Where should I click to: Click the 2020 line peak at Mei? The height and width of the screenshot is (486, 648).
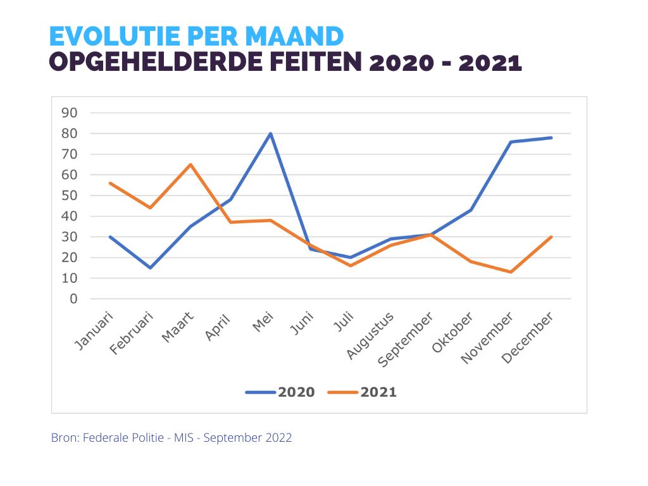pyautogui.click(x=270, y=134)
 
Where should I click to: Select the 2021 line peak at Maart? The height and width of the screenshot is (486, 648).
pyautogui.click(x=190, y=165)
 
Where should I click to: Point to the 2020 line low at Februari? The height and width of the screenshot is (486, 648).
pyautogui.click(x=151, y=268)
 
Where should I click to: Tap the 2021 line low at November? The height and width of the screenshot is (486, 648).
pyautogui.click(x=511, y=272)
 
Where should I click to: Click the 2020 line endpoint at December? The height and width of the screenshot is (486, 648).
pyautogui.click(x=551, y=137)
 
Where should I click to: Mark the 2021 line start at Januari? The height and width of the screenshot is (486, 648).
pyautogui.click(x=111, y=183)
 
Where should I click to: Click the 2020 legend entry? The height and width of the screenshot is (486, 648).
pyautogui.click(x=280, y=392)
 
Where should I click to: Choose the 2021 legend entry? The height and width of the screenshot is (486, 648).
pyautogui.click(x=363, y=392)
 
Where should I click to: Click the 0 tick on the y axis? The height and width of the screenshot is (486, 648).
pyautogui.click(x=73, y=299)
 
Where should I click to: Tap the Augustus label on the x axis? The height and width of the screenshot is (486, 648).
pyautogui.click(x=371, y=335)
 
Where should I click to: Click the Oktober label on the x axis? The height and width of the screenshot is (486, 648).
pyautogui.click(x=452, y=332)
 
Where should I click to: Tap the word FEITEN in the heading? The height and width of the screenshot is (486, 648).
pyautogui.click(x=302, y=63)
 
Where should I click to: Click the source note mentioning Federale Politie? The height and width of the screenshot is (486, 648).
pyautogui.click(x=171, y=438)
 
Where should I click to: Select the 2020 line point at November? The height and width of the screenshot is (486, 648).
pyautogui.click(x=511, y=142)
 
